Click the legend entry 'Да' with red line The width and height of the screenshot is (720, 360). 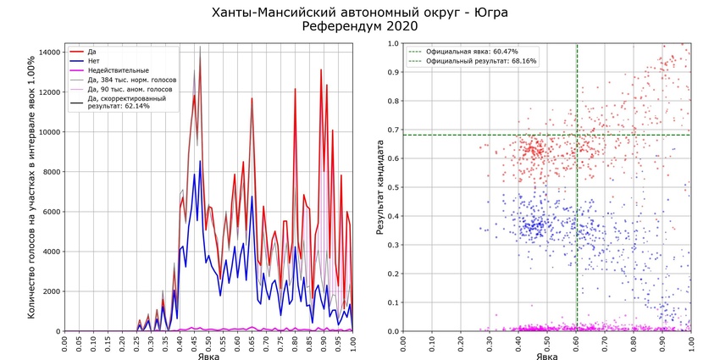(91, 52)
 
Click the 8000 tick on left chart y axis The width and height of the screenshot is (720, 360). (51, 172)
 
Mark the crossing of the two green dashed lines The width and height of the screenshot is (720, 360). (577, 135)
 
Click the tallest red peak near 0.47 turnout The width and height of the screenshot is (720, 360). (200, 48)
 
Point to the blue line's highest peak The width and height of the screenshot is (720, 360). (200, 161)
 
